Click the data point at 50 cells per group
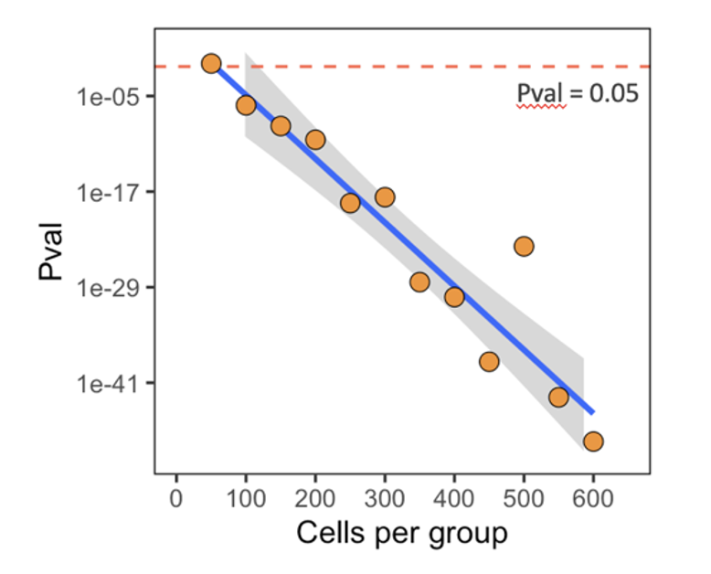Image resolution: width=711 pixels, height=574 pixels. [x=211, y=63]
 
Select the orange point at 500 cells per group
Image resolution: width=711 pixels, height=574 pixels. [x=524, y=246]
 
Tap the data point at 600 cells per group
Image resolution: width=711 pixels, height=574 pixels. [x=593, y=441]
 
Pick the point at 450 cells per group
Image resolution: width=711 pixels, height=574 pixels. [x=489, y=362]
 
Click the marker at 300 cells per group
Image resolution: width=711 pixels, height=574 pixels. [x=385, y=197]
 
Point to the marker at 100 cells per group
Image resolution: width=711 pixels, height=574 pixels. [x=246, y=105]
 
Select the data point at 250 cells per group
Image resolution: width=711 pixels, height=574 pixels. [x=350, y=203]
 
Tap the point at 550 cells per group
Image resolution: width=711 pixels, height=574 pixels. [x=558, y=397]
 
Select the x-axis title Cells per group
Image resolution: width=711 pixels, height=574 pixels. [x=401, y=534]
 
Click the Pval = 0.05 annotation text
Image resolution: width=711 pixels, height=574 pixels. [x=577, y=94]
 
